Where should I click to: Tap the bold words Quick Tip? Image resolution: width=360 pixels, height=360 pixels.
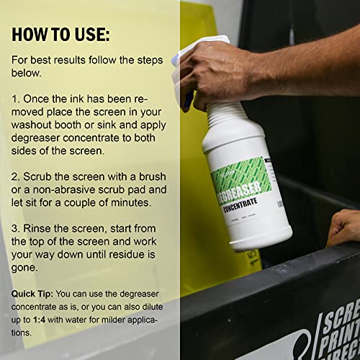(x=32, y=294)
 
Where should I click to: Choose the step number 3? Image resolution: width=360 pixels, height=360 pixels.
(x=17, y=225)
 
